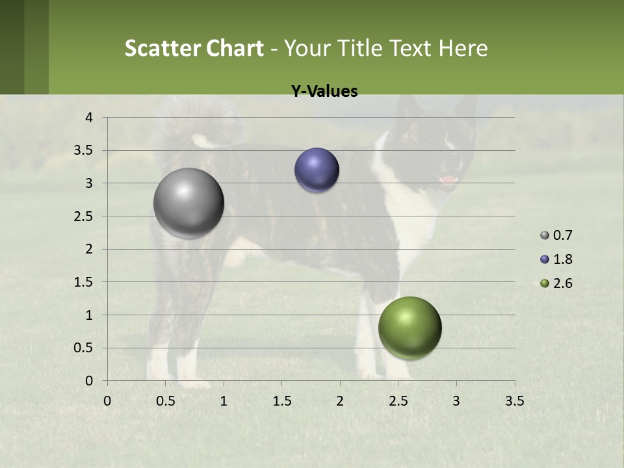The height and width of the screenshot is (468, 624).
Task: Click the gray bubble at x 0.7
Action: pos(188,203)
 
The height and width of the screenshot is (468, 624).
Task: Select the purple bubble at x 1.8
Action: pos(317,170)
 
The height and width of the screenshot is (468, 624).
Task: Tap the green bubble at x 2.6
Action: pos(409,328)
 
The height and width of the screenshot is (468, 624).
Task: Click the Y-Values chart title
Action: pos(324,92)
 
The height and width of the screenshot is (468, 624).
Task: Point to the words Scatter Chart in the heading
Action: pos(194,48)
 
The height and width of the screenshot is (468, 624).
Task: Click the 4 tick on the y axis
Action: pos(90,118)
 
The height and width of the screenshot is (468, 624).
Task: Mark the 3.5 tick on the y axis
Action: pos(84,151)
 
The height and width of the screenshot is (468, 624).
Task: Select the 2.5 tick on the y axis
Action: pos(84,216)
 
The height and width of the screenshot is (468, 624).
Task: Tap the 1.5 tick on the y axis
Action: pos(84,282)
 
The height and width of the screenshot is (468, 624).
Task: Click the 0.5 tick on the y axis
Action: pos(84,348)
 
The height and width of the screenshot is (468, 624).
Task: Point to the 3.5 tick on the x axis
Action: pos(514,401)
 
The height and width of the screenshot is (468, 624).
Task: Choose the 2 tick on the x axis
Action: pos(340,401)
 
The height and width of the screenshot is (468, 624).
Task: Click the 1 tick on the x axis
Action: pos(224,401)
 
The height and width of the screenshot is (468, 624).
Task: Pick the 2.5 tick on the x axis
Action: pos(398,401)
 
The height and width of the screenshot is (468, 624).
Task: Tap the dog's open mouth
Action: pos(448,180)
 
